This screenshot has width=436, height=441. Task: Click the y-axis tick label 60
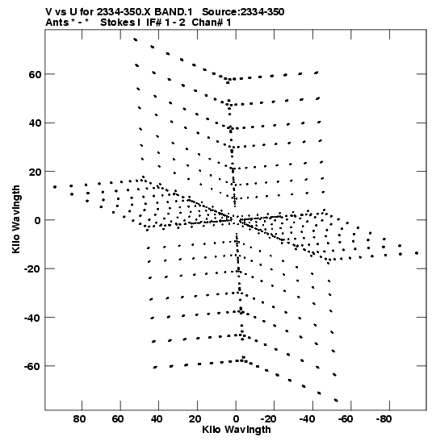[35, 74]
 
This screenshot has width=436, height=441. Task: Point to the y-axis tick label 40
[35, 123]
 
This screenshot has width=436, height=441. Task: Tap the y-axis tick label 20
[35, 172]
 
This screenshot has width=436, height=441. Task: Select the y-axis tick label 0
[38, 221]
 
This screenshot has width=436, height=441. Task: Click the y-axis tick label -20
[32, 269]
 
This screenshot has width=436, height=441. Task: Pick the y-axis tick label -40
[32, 318]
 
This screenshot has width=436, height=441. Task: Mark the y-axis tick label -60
[32, 367]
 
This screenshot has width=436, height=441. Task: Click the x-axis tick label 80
[79, 419]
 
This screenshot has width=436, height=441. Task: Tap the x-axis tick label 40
[157, 419]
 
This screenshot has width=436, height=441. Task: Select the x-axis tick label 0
[236, 419]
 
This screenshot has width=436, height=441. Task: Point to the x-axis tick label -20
[269, 419]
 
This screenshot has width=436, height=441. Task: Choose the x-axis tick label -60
[346, 419]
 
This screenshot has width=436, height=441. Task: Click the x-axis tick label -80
[384, 419]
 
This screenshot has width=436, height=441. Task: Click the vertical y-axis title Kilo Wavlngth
[16, 219]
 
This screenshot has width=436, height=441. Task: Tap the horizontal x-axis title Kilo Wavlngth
[237, 430]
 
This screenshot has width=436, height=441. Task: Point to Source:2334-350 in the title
[243, 12]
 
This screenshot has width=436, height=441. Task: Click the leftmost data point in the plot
[55, 187]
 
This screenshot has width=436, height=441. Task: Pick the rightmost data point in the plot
[417, 253]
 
